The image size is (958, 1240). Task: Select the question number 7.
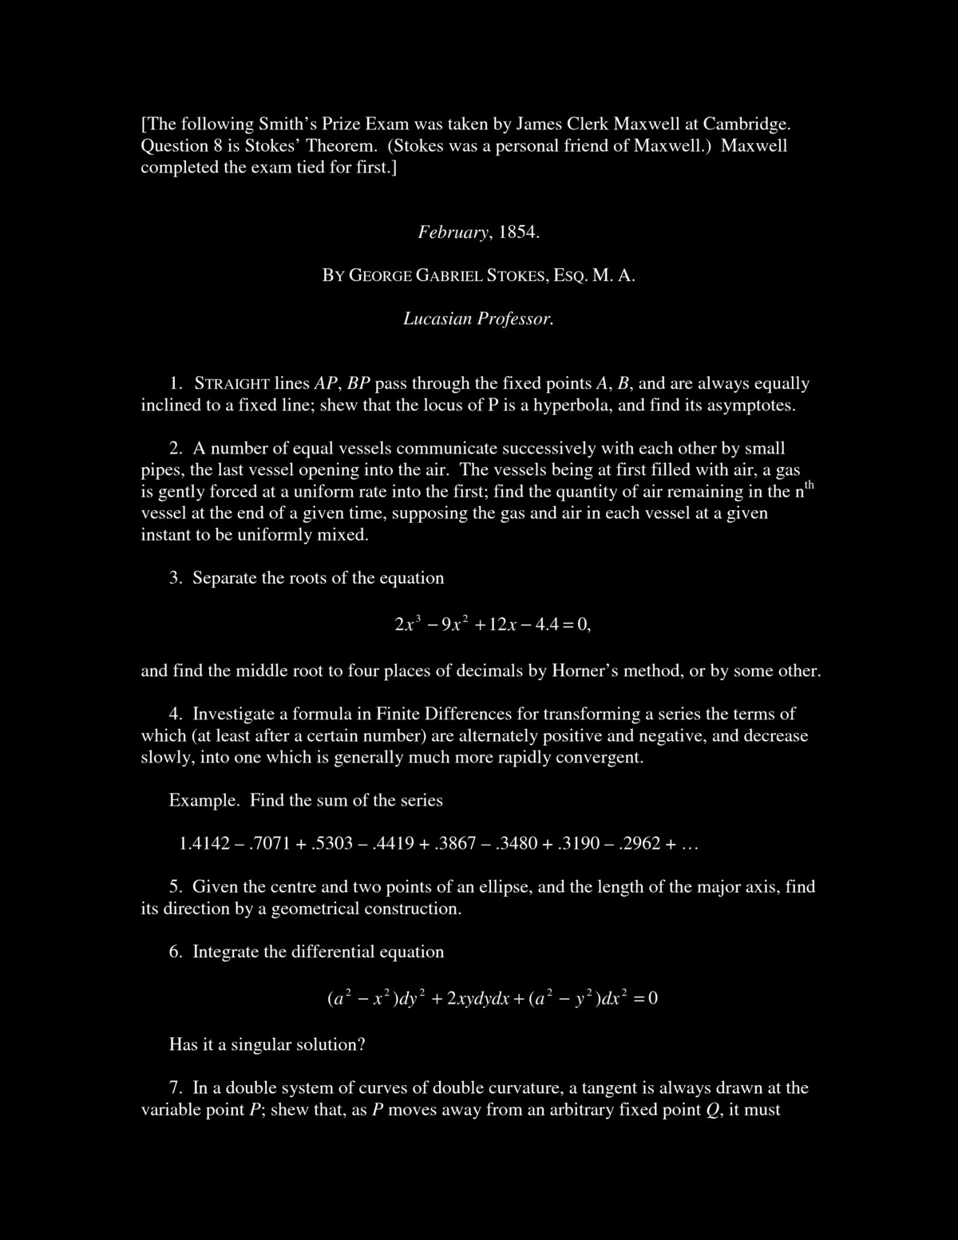coord(176,1088)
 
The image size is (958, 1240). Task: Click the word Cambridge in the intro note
coord(742,125)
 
